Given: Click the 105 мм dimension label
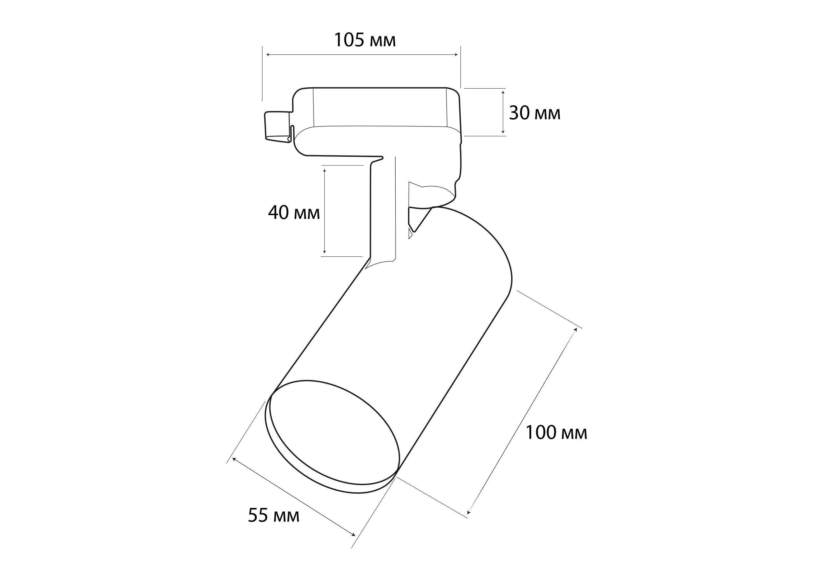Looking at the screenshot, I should click(365, 40).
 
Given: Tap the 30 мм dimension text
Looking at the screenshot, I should click(535, 113).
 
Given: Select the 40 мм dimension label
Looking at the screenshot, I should click(294, 213).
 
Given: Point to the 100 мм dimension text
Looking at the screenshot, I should click(556, 433).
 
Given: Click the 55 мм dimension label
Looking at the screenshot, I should click(274, 515).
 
